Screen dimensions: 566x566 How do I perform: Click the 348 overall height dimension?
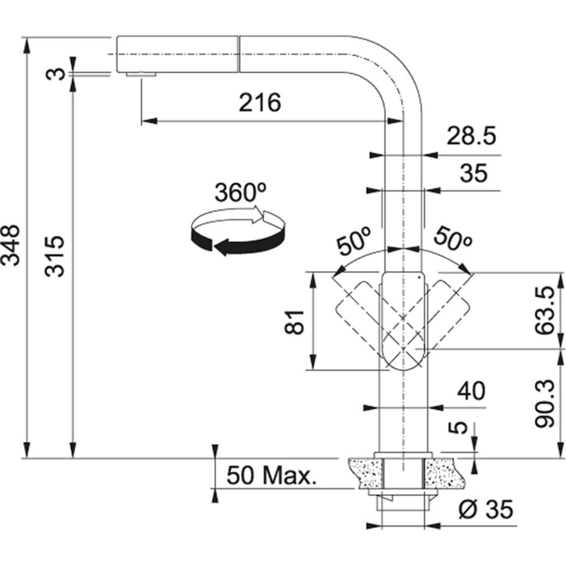(13, 244)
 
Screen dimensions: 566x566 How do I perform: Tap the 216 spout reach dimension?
(259, 103)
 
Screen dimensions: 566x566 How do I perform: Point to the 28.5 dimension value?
(471, 137)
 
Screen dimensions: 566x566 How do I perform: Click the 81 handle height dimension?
(297, 321)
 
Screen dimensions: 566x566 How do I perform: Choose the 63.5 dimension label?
(546, 310)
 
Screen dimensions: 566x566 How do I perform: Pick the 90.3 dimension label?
(546, 403)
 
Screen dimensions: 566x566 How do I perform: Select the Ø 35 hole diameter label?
(485, 508)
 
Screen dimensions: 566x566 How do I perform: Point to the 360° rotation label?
(240, 193)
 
